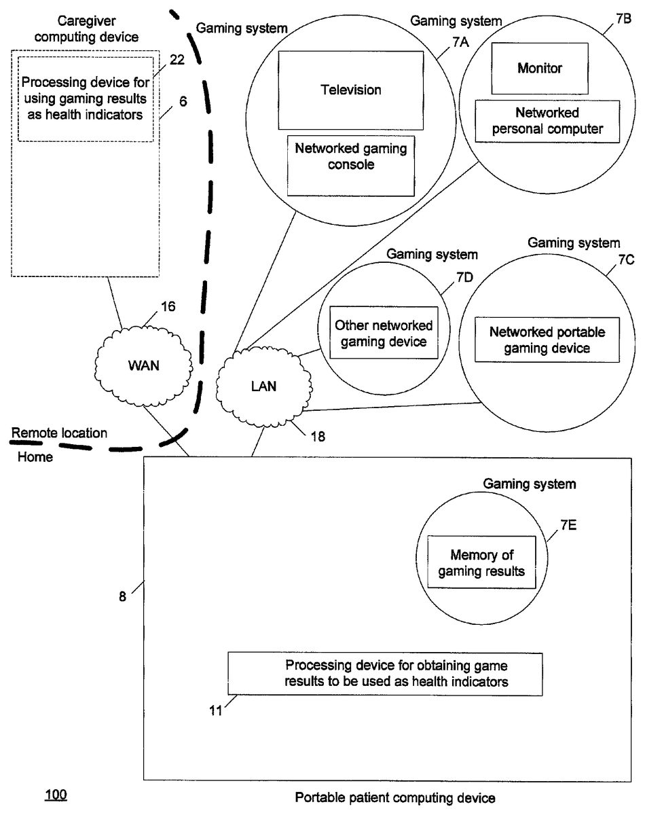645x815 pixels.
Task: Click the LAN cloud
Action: click(x=261, y=385)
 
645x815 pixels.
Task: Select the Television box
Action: click(x=351, y=90)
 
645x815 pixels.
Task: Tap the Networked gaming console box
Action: click(x=351, y=165)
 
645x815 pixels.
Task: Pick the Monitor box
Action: click(x=540, y=68)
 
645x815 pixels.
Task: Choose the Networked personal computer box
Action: click(x=548, y=121)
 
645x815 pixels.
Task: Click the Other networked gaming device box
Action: click(x=384, y=333)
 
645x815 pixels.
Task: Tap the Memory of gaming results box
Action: click(x=481, y=563)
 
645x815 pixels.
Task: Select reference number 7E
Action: click(x=569, y=525)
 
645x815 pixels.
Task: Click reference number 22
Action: click(x=177, y=60)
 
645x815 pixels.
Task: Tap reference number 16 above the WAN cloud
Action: click(x=168, y=306)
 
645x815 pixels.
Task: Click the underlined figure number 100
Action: click(x=56, y=794)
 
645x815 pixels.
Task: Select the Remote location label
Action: click(x=59, y=432)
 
